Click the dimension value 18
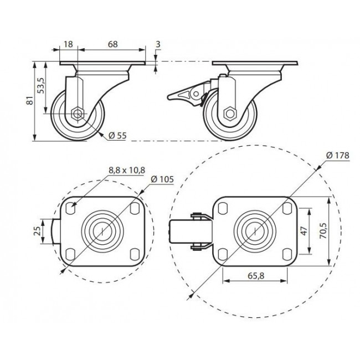pyautogui.click(x=68, y=44)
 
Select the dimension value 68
pyautogui.click(x=113, y=44)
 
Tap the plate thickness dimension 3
pyautogui.click(x=158, y=44)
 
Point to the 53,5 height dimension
pyautogui.click(x=41, y=85)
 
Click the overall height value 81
pyautogui.click(x=30, y=101)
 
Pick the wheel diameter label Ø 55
pyautogui.click(x=117, y=136)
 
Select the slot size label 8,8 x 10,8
pyautogui.click(x=127, y=170)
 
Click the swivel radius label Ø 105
pyautogui.click(x=162, y=179)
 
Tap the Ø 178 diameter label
pyautogui.click(x=338, y=156)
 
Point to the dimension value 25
pyautogui.click(x=37, y=231)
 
